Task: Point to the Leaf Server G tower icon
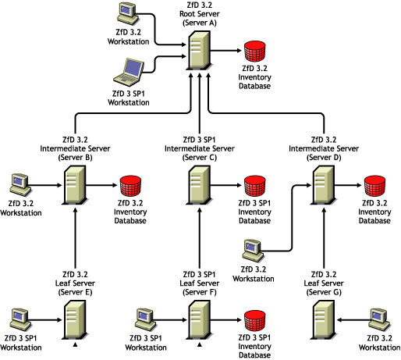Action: [x=325, y=319]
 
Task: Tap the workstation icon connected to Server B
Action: [x=20, y=184]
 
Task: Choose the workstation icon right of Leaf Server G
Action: [x=378, y=318]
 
